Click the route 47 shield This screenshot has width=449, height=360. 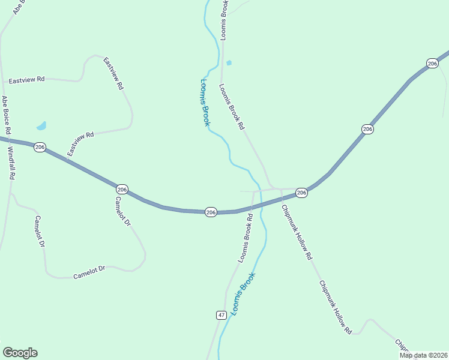point(221,315)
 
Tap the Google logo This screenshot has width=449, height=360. point(20,353)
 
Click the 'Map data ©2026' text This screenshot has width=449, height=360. point(423,355)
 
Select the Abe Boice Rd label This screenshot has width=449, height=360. point(7,115)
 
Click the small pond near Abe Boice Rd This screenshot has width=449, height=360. point(41,126)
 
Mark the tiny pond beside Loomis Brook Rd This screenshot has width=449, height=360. point(229,62)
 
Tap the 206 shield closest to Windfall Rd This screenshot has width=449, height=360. point(40,147)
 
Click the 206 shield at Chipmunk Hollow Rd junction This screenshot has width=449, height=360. point(301,193)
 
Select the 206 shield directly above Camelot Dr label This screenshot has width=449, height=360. point(122,188)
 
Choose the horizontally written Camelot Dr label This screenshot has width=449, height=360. point(89,272)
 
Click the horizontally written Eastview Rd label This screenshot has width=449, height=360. point(27,79)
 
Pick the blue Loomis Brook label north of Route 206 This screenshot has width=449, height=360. point(205,103)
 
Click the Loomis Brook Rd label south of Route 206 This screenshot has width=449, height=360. point(246,236)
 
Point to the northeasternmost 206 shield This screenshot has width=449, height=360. point(432,63)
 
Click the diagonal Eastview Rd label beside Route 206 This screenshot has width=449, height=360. point(81,144)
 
